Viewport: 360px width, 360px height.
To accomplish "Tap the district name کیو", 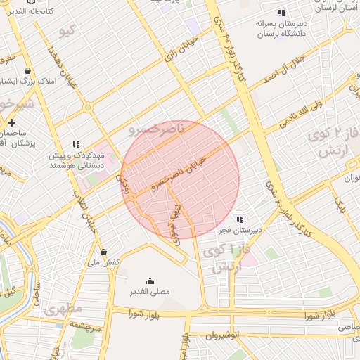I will [x=68, y=31].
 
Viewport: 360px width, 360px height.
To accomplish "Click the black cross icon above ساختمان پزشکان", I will [x=11, y=123].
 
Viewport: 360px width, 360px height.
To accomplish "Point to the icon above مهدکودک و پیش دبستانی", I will [x=76, y=145].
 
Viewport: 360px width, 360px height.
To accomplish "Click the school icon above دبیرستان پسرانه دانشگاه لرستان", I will [x=281, y=13].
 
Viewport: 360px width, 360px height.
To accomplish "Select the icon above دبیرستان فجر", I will [x=240, y=219].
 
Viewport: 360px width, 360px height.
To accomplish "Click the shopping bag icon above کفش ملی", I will [x=104, y=252].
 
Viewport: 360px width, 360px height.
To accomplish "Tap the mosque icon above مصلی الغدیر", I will [x=149, y=281].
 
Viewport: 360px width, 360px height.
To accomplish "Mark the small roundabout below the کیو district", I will [x=87, y=108].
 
